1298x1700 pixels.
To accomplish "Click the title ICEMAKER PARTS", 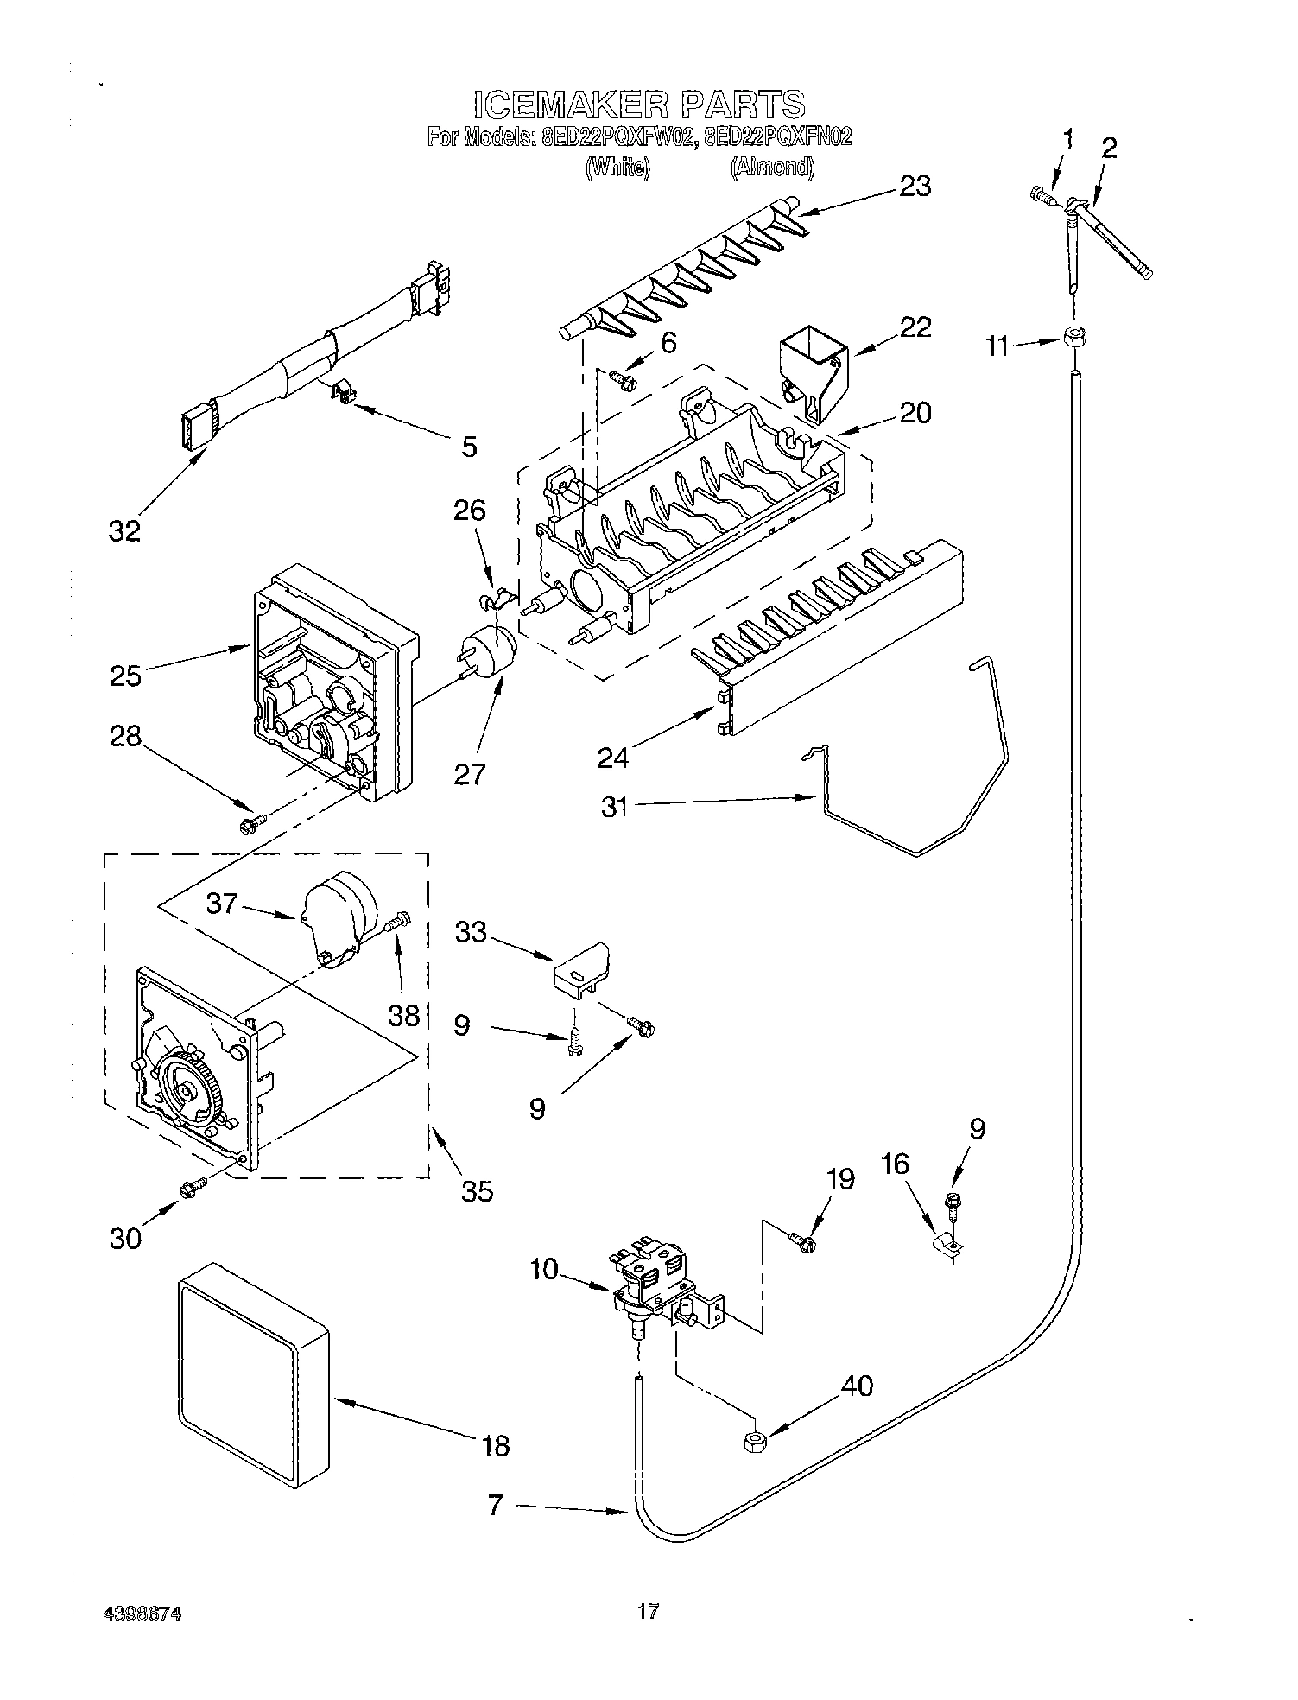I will (639, 105).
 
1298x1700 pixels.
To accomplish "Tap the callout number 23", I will (915, 187).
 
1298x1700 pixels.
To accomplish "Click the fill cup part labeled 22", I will (811, 367).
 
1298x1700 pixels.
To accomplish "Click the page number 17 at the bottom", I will (648, 1611).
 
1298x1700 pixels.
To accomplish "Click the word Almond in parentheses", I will (772, 168).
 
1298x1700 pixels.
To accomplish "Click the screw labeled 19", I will (802, 1241).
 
